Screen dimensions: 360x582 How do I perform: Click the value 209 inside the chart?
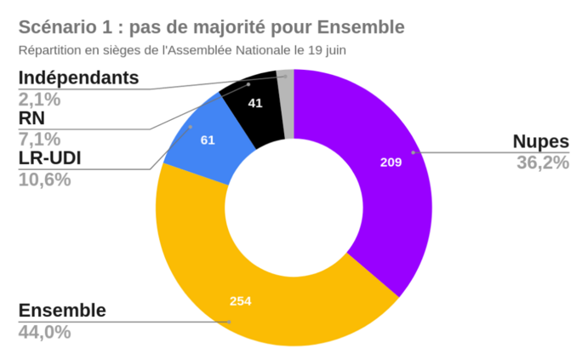click(x=391, y=162)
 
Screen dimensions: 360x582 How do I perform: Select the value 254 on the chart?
click(x=241, y=300)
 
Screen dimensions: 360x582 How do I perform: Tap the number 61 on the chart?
click(x=208, y=139)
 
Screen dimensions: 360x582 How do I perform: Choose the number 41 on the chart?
click(x=255, y=103)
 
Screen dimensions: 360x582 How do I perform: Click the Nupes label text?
click(x=539, y=141)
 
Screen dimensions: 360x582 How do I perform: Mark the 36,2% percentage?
click(x=542, y=162)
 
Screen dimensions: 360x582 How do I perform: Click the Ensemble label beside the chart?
click(x=62, y=310)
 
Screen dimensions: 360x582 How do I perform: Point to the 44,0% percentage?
click(x=44, y=331)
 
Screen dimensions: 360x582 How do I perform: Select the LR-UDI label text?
click(x=55, y=159)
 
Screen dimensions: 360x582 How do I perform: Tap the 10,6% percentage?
click(x=44, y=180)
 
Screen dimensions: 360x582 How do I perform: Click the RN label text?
click(x=32, y=118)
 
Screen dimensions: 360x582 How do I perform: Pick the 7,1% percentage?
click(x=39, y=139)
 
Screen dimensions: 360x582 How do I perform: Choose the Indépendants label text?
click(x=78, y=77)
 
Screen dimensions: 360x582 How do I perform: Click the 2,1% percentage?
click(x=39, y=99)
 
